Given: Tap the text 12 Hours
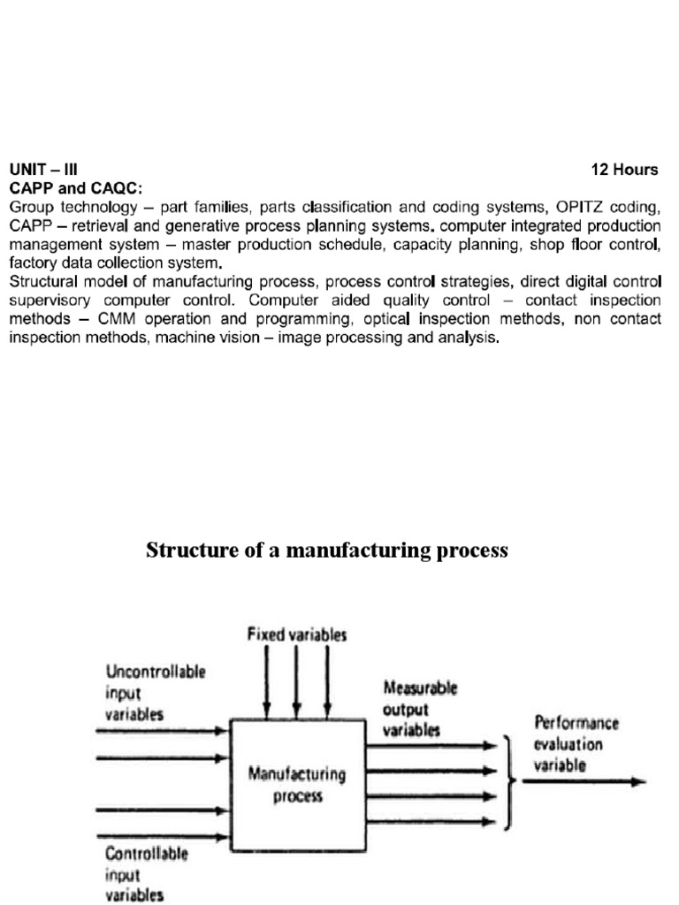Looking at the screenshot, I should coord(625,170).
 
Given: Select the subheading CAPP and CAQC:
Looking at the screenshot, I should coord(75,188).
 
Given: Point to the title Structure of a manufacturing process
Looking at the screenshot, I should coord(327,551).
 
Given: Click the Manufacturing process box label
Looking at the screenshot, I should coord(297,786).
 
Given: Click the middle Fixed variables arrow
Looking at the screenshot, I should coord(296,681).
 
